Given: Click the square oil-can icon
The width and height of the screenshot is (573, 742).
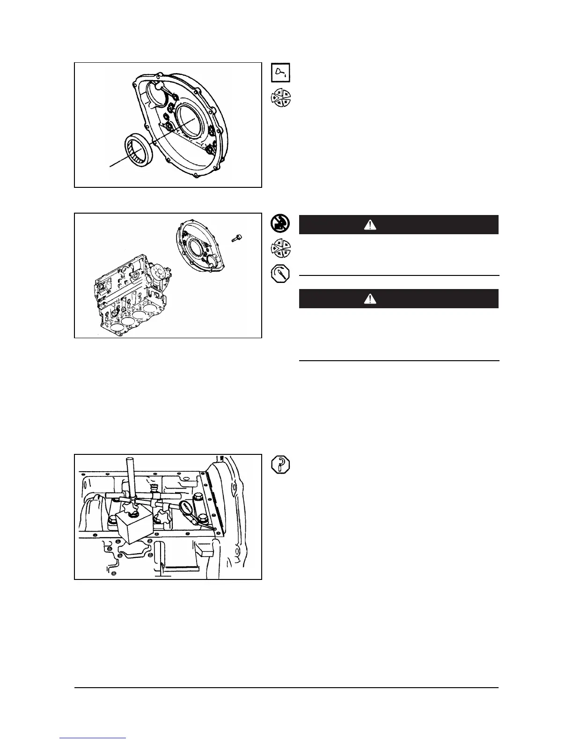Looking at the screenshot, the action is pos(281,73).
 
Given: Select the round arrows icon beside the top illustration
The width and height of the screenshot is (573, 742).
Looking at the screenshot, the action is pos(281,98).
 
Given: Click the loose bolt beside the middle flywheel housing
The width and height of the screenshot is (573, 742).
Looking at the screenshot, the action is pos(236,238).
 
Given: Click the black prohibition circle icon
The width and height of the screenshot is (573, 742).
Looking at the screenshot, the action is pos(281,224).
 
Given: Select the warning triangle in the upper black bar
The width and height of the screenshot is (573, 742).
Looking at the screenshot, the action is pos(370,225).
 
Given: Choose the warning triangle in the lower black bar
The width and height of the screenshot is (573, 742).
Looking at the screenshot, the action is pos(370,299).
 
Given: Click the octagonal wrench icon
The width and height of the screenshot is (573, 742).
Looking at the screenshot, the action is pos(281,274).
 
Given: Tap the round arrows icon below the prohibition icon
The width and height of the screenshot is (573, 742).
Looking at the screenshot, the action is pos(281,249).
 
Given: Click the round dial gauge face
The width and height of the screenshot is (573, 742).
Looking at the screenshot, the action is pos(186,507).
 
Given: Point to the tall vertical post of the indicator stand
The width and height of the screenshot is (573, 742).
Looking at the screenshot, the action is pos(132,478).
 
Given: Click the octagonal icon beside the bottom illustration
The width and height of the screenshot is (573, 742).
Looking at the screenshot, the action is pos(281,465).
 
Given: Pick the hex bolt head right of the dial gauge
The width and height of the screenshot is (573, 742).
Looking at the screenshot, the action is pos(202,519).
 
